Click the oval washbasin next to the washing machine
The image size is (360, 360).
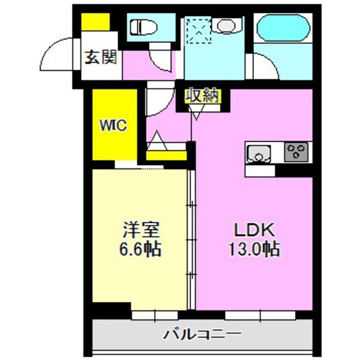(226, 26)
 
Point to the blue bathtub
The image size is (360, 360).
(283, 29)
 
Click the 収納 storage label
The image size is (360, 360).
(203, 96)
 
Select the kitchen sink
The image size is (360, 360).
(258, 153)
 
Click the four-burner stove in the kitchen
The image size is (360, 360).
(296, 152)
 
